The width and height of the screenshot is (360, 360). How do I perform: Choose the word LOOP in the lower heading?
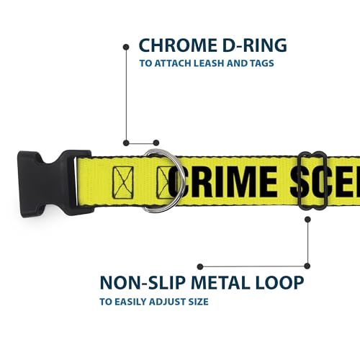[279, 282]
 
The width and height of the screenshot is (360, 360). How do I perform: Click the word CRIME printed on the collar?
[222, 181]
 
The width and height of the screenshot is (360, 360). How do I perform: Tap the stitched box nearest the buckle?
[123, 182]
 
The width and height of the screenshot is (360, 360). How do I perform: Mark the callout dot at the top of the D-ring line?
[126, 47]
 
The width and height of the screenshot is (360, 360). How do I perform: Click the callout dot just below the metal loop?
[307, 220]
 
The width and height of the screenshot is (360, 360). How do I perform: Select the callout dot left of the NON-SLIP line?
[200, 266]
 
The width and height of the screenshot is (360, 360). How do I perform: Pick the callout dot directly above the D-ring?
[156, 143]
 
